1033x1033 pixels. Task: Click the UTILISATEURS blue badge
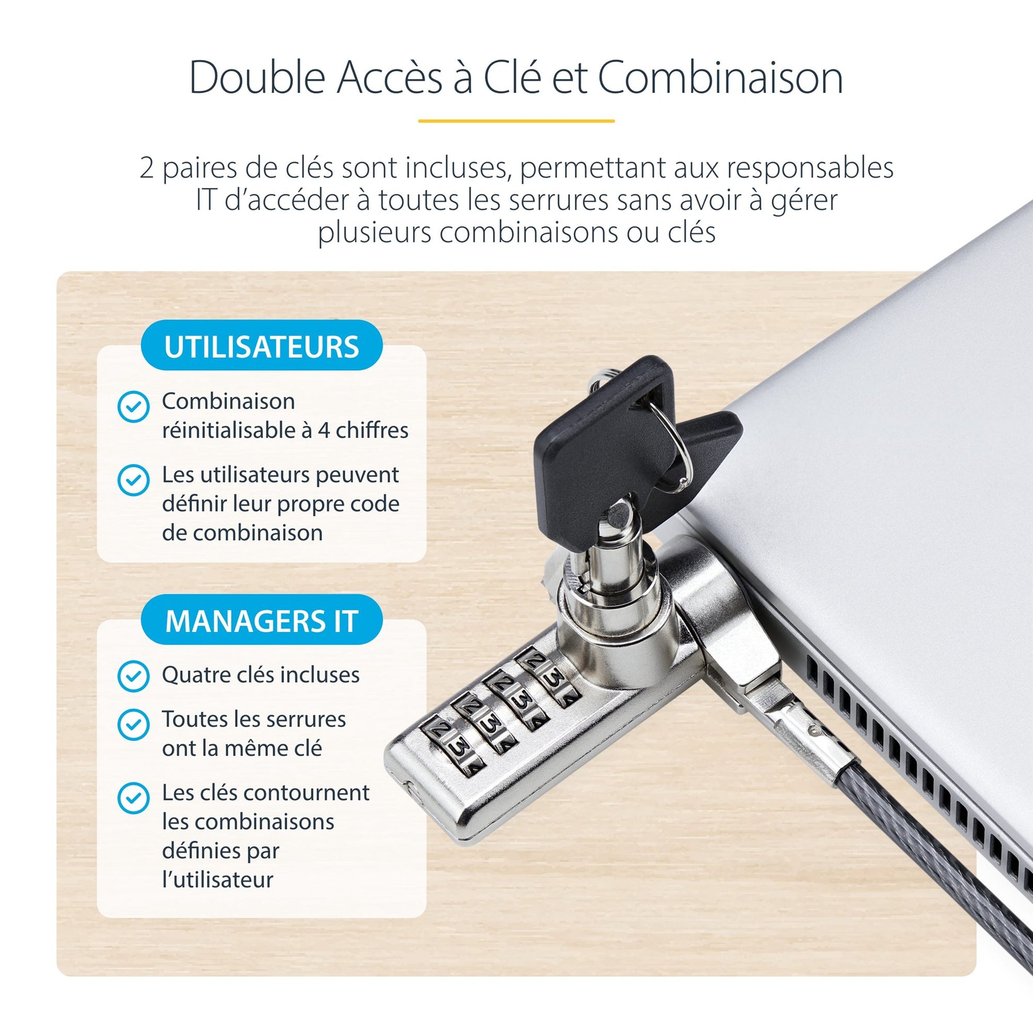click(262, 346)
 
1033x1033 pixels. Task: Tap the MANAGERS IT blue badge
click(262, 620)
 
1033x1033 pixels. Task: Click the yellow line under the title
click(516, 121)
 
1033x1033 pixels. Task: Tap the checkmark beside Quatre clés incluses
click(133, 676)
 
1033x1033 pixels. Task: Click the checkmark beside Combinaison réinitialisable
click(133, 407)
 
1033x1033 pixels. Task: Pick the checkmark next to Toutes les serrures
click(133, 725)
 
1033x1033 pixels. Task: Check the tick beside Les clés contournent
click(133, 798)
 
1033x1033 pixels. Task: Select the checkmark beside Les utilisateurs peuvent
click(133, 480)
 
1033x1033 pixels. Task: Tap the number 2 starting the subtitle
click(147, 168)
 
